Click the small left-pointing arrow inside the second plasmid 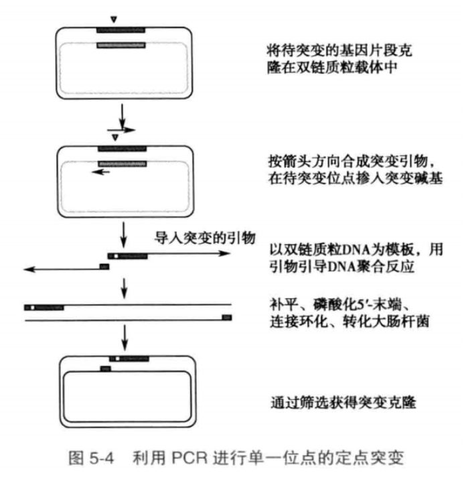(x=102, y=171)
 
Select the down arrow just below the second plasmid (x=124, y=231)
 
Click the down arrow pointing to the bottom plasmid (x=124, y=342)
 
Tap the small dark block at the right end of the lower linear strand (x=226, y=316)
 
